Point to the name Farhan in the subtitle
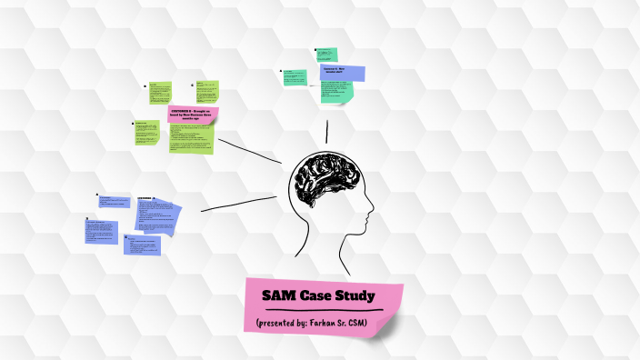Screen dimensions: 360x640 [x=337, y=323]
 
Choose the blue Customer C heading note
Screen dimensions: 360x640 [x=343, y=73]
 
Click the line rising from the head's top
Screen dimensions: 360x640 [x=327, y=133]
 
